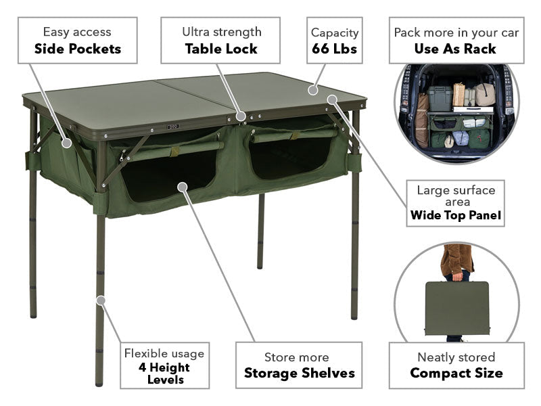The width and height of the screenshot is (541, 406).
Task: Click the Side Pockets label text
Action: [x=78, y=49]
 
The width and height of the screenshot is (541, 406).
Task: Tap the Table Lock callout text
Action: [x=221, y=49]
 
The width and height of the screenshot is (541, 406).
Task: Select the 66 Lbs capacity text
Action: [x=334, y=49]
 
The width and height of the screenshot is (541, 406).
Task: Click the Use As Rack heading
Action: [x=455, y=49]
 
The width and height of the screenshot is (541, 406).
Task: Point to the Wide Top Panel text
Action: [x=456, y=217]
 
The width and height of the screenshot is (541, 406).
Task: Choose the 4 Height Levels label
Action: [x=164, y=373]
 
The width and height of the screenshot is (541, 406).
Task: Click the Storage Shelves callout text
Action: [x=299, y=373]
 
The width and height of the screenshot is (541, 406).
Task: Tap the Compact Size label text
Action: [x=456, y=373]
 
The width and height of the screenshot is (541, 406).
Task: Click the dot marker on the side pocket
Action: [x=66, y=143]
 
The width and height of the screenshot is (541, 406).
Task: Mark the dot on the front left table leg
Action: [x=100, y=299]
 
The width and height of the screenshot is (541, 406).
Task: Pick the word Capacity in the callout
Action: [x=334, y=32]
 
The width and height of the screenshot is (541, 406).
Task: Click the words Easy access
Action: [x=77, y=32]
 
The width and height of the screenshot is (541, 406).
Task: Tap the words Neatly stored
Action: [x=456, y=357]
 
